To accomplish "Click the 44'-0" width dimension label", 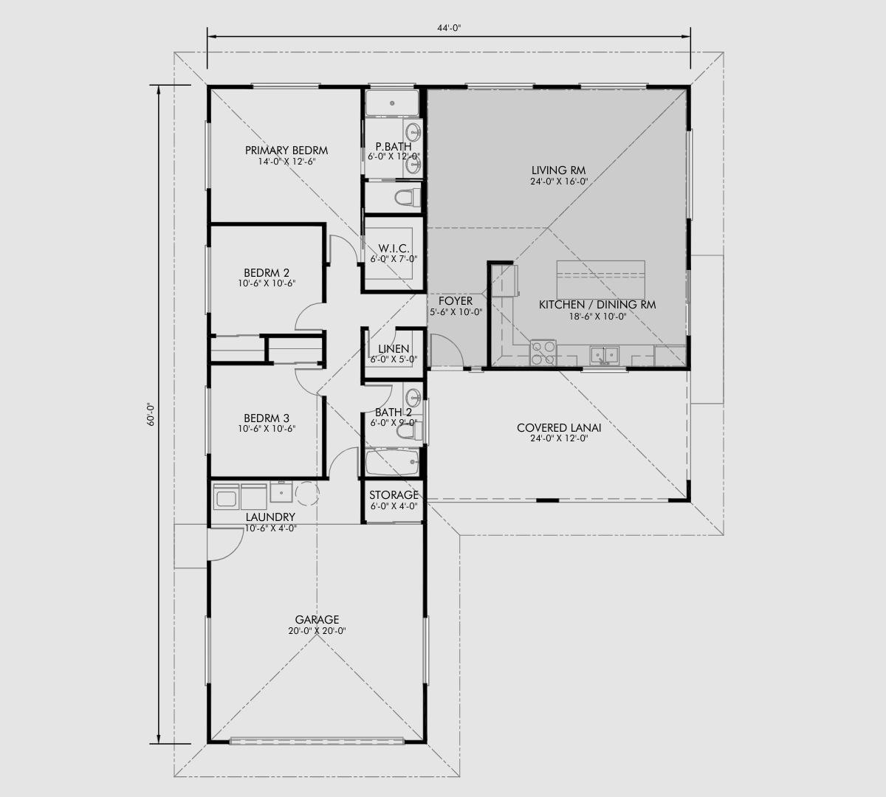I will [x=448, y=27].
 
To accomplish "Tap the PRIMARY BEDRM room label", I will [x=286, y=151].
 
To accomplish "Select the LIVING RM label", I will [x=558, y=170].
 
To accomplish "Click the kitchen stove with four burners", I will [x=543, y=351].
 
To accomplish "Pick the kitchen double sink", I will [x=606, y=356].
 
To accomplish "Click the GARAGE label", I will [x=317, y=620].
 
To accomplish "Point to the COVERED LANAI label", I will [x=558, y=428].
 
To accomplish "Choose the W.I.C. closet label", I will [x=394, y=248].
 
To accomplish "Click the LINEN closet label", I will [x=394, y=349].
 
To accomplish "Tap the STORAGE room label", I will [x=394, y=495].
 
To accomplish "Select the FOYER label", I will [x=455, y=301].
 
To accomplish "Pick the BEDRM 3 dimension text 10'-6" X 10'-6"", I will [x=267, y=429].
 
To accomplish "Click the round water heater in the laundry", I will [x=306, y=492].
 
